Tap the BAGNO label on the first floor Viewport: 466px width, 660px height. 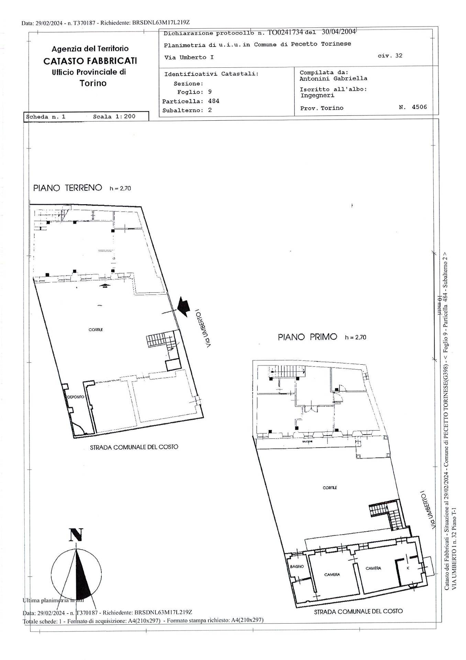coord(296,566)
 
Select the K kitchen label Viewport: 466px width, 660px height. coord(408,568)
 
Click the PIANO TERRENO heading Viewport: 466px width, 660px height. coord(68,188)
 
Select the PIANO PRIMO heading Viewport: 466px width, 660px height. coord(307,337)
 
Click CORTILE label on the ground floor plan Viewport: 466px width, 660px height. coord(96,330)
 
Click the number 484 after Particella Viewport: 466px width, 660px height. coord(213,101)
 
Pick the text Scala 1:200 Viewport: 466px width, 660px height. coord(114,117)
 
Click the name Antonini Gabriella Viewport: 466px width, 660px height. coord(333,78)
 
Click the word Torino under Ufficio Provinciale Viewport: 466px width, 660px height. coord(93,83)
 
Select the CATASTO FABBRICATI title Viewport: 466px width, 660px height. coord(90,61)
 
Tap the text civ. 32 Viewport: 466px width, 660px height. coord(390,55)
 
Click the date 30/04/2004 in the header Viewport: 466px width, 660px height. coord(338,32)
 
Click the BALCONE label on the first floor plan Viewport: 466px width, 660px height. coord(307,441)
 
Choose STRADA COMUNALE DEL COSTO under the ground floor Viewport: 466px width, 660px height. coord(134,447)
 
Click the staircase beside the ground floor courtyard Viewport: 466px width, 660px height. coord(160,340)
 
